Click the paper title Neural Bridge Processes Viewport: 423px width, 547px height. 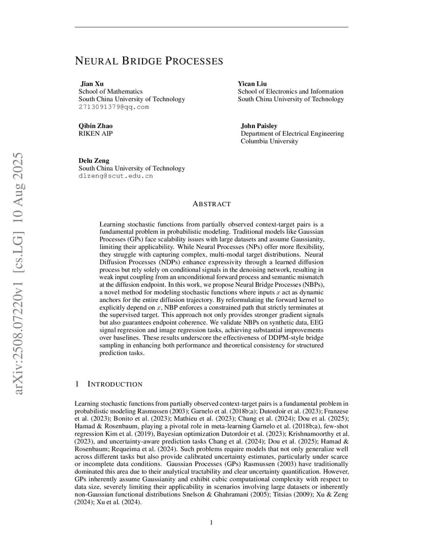(x=149, y=61)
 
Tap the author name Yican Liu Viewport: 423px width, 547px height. (x=252, y=84)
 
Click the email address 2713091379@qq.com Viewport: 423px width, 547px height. (x=113, y=107)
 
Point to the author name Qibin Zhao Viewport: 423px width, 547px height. (x=96, y=126)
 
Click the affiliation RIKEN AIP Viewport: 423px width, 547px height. (x=96, y=134)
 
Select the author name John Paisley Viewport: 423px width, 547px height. (x=259, y=126)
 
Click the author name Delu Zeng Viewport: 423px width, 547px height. (x=93, y=161)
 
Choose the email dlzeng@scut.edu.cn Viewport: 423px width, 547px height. (x=115, y=176)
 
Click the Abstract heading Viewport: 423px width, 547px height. (x=212, y=204)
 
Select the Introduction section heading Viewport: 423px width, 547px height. (x=115, y=384)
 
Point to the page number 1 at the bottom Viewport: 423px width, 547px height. (x=212, y=522)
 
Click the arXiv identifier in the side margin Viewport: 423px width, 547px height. (x=18, y=273)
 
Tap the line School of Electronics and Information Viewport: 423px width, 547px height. (x=290, y=92)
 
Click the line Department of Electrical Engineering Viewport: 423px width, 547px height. (x=292, y=134)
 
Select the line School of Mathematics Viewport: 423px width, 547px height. (x=110, y=92)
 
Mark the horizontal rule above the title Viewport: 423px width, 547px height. (x=212, y=27)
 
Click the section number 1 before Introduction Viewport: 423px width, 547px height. (x=77, y=384)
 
